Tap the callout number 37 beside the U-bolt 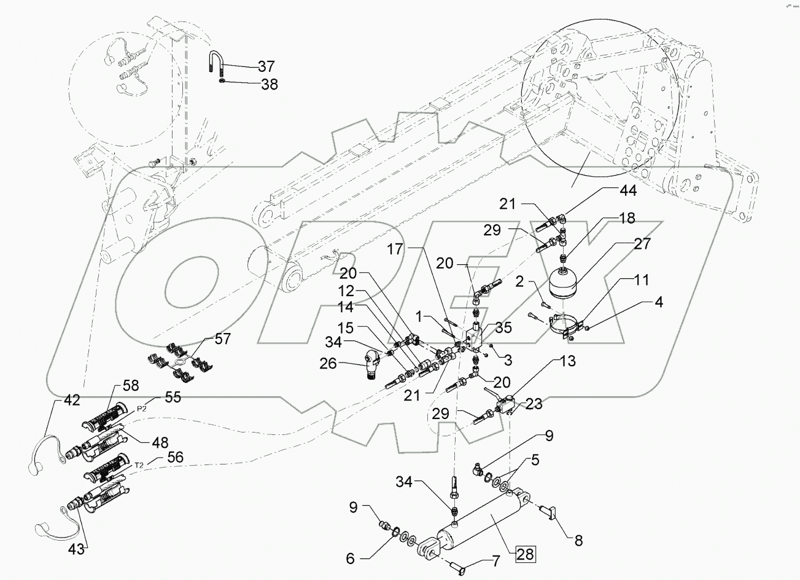(266, 66)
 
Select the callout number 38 (269, 85)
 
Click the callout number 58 (130, 386)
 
